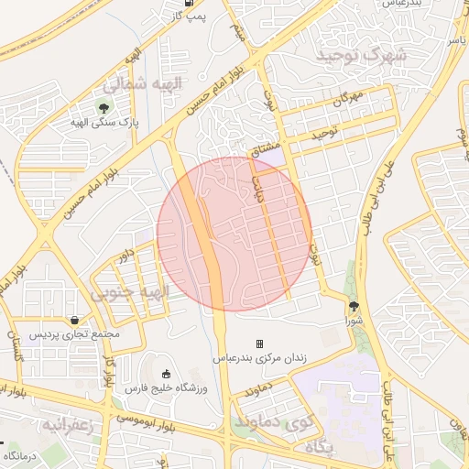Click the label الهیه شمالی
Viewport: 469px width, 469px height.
(x=143, y=84)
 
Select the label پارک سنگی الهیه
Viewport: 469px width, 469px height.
(x=104, y=121)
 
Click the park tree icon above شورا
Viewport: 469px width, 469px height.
(x=354, y=307)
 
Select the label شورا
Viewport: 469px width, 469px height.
(x=354, y=320)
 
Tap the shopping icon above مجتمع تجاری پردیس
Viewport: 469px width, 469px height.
(x=74, y=320)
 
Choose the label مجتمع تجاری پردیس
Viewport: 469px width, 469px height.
(x=74, y=333)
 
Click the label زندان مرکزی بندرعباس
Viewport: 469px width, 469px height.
(x=260, y=357)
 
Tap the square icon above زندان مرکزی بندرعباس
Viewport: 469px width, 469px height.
(x=260, y=344)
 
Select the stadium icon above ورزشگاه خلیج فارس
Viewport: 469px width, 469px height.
(x=166, y=374)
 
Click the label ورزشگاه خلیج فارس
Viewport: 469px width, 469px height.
(x=167, y=387)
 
